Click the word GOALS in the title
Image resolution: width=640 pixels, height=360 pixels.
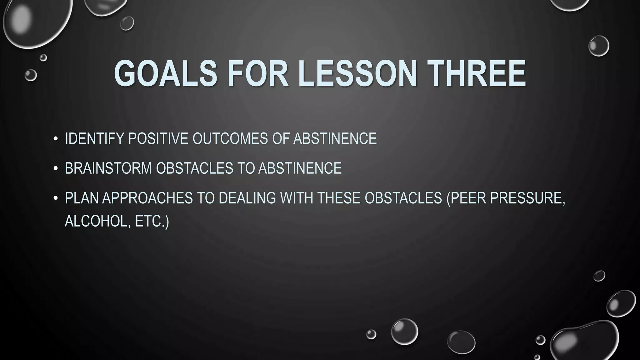click(166, 74)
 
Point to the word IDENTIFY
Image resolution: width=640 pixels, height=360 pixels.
click(94, 138)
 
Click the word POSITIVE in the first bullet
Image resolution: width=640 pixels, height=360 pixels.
click(158, 138)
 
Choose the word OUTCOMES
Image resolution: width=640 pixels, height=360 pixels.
click(230, 138)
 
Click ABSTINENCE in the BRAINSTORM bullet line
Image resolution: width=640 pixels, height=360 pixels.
click(300, 168)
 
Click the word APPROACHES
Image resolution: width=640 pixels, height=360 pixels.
click(147, 198)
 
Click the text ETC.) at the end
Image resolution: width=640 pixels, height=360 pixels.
click(152, 221)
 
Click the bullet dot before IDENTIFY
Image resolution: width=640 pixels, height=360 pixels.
click(56, 139)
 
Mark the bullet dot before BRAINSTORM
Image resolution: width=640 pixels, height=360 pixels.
click(56, 168)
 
